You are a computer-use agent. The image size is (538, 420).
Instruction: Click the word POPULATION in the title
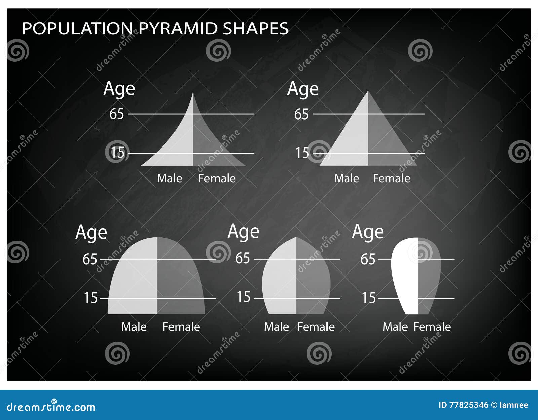tap(77, 28)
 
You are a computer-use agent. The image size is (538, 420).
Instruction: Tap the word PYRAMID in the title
tap(178, 28)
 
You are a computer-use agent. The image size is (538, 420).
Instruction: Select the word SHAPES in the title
tap(256, 28)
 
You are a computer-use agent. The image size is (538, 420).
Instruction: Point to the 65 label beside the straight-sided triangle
tap(301, 114)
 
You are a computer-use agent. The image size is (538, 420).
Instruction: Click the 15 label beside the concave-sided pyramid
tap(117, 153)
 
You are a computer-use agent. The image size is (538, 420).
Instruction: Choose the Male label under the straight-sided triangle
tap(346, 178)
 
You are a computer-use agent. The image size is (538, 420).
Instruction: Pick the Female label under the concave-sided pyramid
tap(217, 178)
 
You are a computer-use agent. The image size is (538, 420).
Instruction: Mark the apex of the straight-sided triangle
tap(368, 92)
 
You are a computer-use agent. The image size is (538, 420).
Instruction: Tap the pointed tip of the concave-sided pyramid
tap(193, 94)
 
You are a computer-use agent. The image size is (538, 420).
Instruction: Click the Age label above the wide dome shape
tap(91, 233)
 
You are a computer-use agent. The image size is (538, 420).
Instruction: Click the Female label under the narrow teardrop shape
tap(432, 327)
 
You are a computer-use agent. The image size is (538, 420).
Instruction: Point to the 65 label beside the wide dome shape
tap(90, 259)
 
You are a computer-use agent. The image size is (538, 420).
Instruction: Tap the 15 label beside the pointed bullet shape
tap(244, 297)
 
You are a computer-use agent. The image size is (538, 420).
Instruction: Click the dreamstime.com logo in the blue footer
tap(51, 407)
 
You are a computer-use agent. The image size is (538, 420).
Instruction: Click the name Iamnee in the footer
tap(514, 405)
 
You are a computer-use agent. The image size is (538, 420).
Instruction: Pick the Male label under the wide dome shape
tap(133, 327)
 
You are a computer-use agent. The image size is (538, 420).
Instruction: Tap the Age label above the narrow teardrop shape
tap(368, 232)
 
